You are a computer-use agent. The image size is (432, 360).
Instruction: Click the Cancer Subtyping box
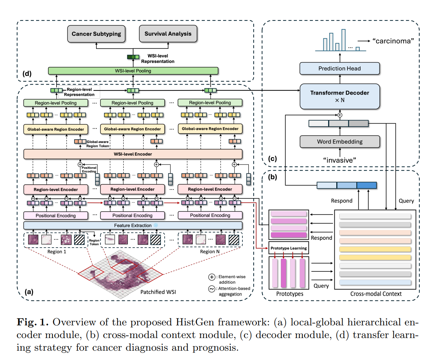coord(96,34)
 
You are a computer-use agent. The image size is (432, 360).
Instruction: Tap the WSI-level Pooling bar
coord(133,71)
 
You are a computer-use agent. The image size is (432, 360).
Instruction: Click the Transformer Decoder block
coord(340,96)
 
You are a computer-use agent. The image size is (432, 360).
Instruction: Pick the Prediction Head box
coord(340,69)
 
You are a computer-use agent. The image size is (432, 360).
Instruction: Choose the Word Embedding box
coord(340,141)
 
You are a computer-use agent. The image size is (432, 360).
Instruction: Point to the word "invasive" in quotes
coord(340,160)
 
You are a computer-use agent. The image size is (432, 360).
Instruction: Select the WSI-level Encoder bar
coord(133,154)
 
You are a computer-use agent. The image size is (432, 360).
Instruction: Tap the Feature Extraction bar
coord(133,226)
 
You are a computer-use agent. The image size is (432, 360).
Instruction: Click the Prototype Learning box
coord(289,248)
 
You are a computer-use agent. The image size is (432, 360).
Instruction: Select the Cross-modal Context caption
coord(376,294)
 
